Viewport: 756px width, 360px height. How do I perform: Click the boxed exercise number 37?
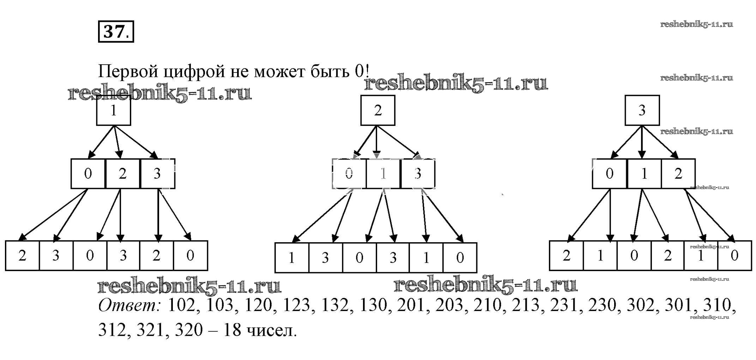pyautogui.click(x=116, y=32)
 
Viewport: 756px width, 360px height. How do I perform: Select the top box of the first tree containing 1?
pyautogui.click(x=114, y=111)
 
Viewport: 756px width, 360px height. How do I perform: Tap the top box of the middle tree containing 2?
pyautogui.click(x=377, y=110)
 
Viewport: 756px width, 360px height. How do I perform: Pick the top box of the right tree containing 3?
pyautogui.click(x=642, y=110)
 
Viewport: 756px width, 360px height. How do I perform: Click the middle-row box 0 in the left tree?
pyautogui.click(x=88, y=173)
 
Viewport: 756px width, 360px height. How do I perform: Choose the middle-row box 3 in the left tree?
pyautogui.click(x=157, y=173)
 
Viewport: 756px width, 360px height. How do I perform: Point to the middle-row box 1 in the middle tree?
pyautogui.click(x=383, y=173)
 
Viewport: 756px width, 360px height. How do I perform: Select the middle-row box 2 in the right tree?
pyautogui.click(x=678, y=173)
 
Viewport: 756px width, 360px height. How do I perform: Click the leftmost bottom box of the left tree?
pyautogui.click(x=22, y=256)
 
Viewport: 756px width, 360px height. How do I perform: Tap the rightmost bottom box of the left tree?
pyautogui.click(x=190, y=256)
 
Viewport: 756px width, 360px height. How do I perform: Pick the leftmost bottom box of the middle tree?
pyautogui.click(x=292, y=258)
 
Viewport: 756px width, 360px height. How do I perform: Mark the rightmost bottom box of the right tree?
pyautogui.click(x=734, y=256)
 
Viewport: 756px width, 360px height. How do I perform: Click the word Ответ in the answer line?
pyautogui.click(x=129, y=305)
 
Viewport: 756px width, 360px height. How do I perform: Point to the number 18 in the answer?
pyautogui.click(x=232, y=330)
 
